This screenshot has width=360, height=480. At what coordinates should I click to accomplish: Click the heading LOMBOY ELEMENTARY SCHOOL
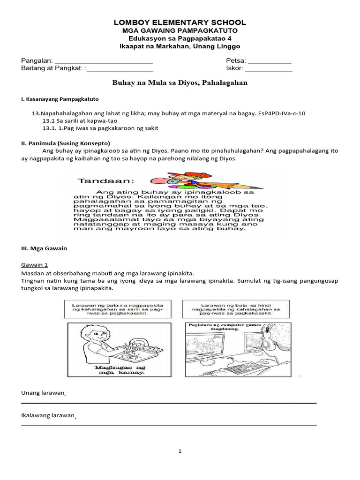[x=180, y=22]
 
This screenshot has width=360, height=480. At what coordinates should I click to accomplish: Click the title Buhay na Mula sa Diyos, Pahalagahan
[x=180, y=82]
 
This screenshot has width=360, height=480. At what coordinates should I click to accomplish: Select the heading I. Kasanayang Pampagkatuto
[x=60, y=99]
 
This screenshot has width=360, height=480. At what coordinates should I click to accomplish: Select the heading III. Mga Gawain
[x=44, y=248]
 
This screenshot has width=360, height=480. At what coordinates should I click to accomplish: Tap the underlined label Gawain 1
[x=34, y=264]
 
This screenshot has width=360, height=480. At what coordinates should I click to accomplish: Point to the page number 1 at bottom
[x=180, y=451]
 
